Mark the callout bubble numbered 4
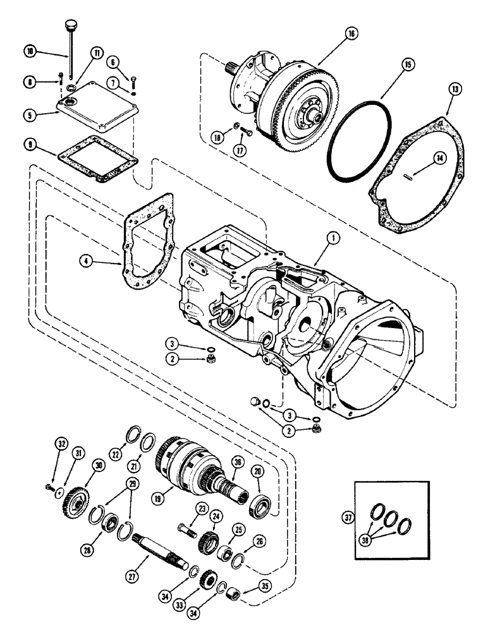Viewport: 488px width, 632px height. click(x=87, y=259)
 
